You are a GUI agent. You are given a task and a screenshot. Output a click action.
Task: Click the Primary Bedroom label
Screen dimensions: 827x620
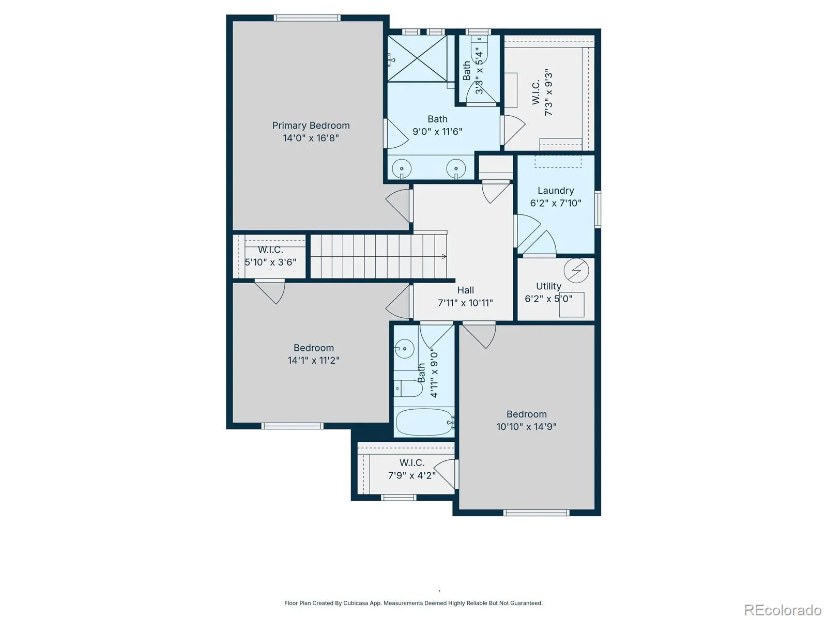[x=311, y=126]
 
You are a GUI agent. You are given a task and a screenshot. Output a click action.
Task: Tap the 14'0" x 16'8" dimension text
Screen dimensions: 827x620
[x=311, y=138]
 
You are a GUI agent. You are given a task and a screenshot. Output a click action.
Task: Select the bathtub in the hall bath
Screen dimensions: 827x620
[x=424, y=422]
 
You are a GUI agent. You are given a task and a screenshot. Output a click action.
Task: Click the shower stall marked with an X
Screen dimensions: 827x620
[x=417, y=58]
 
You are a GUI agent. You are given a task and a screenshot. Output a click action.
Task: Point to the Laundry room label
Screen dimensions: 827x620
[x=556, y=191]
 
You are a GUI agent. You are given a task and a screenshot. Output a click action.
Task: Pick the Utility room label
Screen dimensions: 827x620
[x=548, y=286]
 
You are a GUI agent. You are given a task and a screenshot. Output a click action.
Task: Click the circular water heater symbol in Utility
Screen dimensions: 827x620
[x=576, y=270]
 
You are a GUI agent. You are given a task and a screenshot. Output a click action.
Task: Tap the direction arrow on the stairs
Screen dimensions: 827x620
[x=444, y=256]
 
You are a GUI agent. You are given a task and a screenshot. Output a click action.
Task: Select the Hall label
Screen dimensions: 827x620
[x=466, y=290]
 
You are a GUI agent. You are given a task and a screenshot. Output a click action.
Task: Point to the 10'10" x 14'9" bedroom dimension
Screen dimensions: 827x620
[x=526, y=427]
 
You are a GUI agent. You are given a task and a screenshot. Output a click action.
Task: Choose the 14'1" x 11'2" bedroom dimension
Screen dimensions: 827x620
[x=313, y=360]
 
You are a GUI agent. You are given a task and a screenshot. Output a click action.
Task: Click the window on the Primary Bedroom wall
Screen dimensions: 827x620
[x=307, y=18]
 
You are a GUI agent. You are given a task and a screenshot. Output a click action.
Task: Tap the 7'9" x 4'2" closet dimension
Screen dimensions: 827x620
[x=412, y=475]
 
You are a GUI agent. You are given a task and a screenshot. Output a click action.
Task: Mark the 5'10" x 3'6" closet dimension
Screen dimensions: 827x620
[x=270, y=262]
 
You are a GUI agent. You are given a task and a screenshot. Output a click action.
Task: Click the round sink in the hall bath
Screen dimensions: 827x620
[x=404, y=349]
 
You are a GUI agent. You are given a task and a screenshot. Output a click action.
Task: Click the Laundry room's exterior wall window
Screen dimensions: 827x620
[x=598, y=209]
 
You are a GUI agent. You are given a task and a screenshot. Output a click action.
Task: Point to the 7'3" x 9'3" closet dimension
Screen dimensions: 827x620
[x=548, y=92]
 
